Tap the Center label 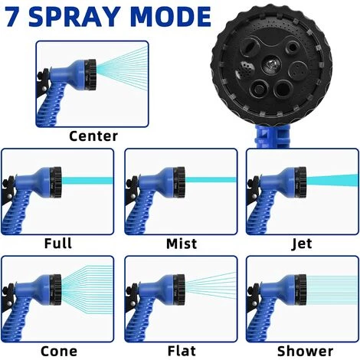(93, 136)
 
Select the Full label (58, 244)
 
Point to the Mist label (181, 244)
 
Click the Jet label (302, 244)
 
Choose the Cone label (58, 350)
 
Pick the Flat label (181, 350)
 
